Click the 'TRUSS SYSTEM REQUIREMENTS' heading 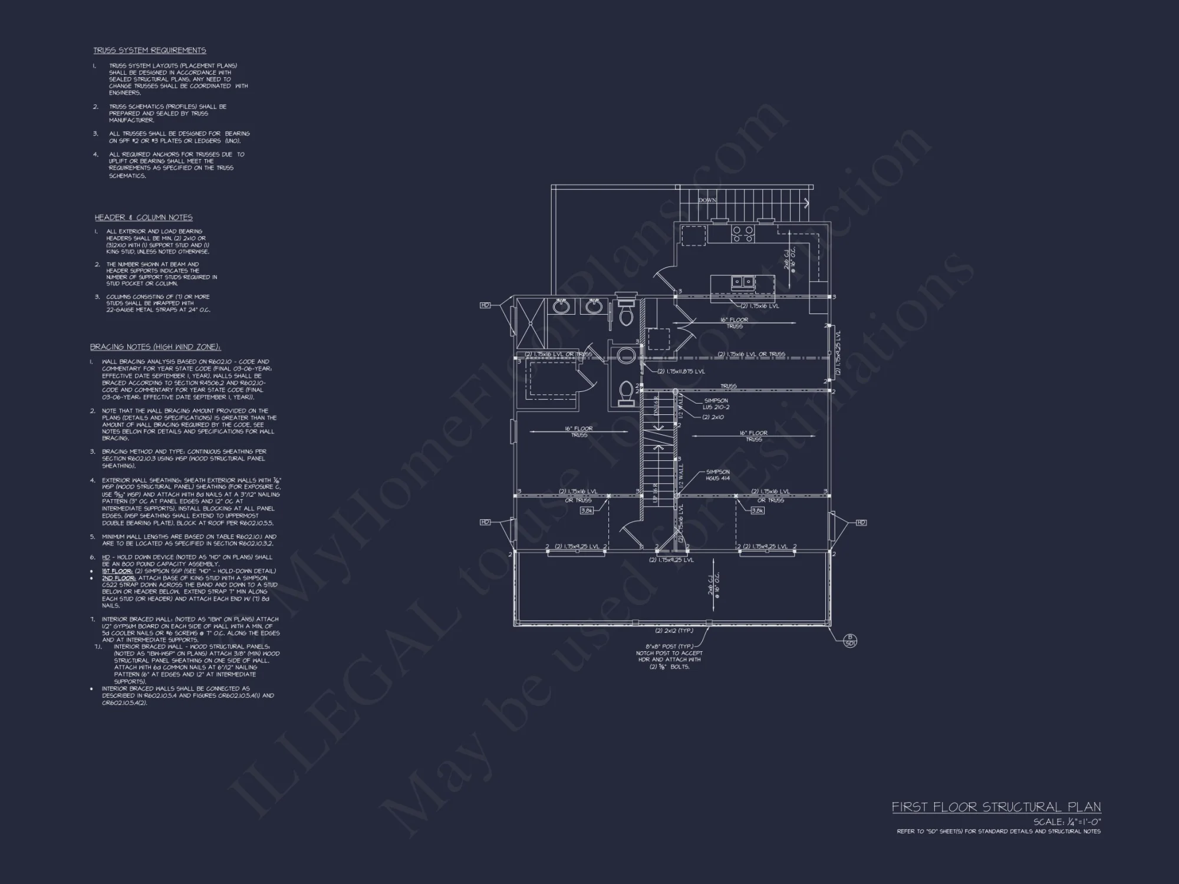coord(150,51)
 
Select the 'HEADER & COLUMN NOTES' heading coord(144,217)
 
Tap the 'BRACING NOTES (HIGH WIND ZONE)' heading coord(156,347)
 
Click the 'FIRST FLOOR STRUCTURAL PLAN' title coord(996,807)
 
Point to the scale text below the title coord(1067,822)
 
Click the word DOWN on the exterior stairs coord(707,200)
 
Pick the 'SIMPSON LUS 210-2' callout coord(716,404)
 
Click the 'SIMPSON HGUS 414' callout coord(717,475)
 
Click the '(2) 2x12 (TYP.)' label coord(674,631)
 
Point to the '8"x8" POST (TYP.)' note coord(669,646)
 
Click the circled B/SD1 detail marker coord(850,640)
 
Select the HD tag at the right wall coord(861,522)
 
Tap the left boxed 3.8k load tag coord(587,511)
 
